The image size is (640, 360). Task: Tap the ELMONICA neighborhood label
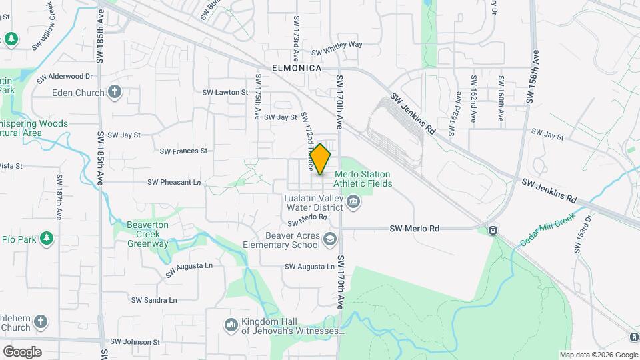click(297, 68)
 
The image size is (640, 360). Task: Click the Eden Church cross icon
click(115, 93)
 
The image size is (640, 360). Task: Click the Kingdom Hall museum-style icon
click(231, 325)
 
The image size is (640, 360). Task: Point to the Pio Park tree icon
click(46, 239)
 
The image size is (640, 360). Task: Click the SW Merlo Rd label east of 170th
click(415, 229)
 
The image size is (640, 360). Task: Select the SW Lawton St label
click(225, 93)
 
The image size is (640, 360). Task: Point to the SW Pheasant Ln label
click(174, 182)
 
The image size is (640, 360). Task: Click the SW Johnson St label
click(135, 342)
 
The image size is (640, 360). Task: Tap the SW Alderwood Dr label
click(65, 77)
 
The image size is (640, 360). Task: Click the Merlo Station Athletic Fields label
click(363, 179)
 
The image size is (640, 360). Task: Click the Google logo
click(22, 352)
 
